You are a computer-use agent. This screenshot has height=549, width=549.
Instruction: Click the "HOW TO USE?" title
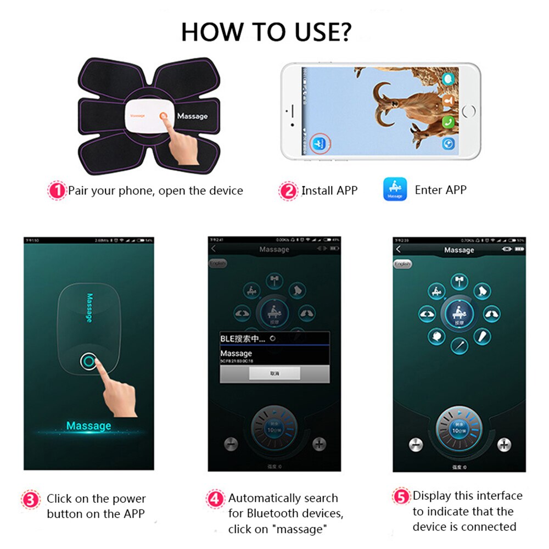[266, 32]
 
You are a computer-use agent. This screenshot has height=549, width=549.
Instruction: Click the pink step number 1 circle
[57, 191]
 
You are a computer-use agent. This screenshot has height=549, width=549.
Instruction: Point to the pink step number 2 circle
[289, 191]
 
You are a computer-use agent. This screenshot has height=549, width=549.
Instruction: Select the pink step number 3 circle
[32, 499]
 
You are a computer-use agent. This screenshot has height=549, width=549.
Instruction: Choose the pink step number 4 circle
[215, 498]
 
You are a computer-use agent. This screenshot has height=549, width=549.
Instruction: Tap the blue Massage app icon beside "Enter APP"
[395, 190]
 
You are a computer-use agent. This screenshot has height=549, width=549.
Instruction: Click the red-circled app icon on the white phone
[319, 144]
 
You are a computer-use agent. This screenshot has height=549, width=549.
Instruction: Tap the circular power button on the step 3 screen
[88, 361]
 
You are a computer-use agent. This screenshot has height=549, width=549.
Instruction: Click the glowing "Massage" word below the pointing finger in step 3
[88, 426]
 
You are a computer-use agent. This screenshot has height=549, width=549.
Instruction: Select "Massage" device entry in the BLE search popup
[237, 354]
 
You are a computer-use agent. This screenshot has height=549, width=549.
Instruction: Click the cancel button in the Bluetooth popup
[274, 373]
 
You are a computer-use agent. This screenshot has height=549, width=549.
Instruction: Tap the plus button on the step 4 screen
[319, 444]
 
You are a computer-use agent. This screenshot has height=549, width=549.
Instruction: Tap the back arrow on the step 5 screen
[399, 250]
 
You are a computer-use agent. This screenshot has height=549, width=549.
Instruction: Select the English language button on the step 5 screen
[402, 264]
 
